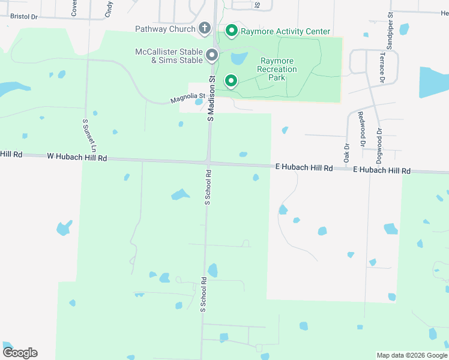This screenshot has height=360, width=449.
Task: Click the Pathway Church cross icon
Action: [x=205, y=28]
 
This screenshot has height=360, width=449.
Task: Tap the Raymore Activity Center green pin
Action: [x=231, y=31]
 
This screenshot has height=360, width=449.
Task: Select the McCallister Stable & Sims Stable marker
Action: [x=212, y=56]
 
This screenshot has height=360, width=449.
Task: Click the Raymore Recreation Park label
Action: [x=278, y=70]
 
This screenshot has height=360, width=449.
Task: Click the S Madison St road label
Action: [x=211, y=98]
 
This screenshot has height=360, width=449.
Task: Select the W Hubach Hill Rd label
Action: [x=77, y=158]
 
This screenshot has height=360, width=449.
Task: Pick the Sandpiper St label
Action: [x=390, y=30]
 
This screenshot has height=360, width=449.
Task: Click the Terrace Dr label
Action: [x=382, y=67]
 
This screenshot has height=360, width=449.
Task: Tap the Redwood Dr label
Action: [x=361, y=129]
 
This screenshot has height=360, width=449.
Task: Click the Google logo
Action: [x=20, y=353]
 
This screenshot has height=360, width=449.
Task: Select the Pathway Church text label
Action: [x=165, y=29]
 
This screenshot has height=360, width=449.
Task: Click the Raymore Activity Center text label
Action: [x=286, y=31]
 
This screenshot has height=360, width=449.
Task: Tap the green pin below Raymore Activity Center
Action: [x=231, y=81]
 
